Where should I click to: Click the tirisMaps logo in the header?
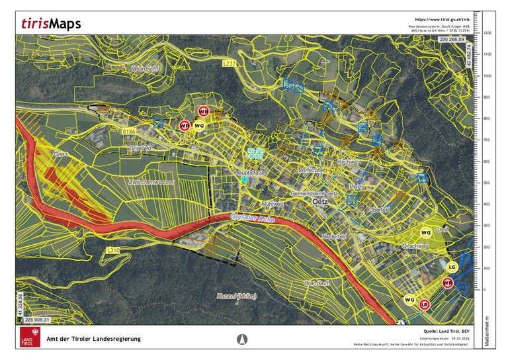pyautogui.click(x=51, y=24)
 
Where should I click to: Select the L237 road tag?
pyautogui.click(x=229, y=63)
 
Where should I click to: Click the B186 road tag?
pyautogui.click(x=129, y=132)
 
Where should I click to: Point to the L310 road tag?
pyautogui.click(x=113, y=250)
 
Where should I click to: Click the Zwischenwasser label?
pyautogui.click(x=151, y=181)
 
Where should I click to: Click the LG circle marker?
pyautogui.click(x=452, y=267)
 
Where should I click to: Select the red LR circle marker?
pyautogui.click(x=425, y=304)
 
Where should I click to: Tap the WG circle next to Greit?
pyautogui.click(x=426, y=233)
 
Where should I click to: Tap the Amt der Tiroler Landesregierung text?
pyautogui.click(x=93, y=339)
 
